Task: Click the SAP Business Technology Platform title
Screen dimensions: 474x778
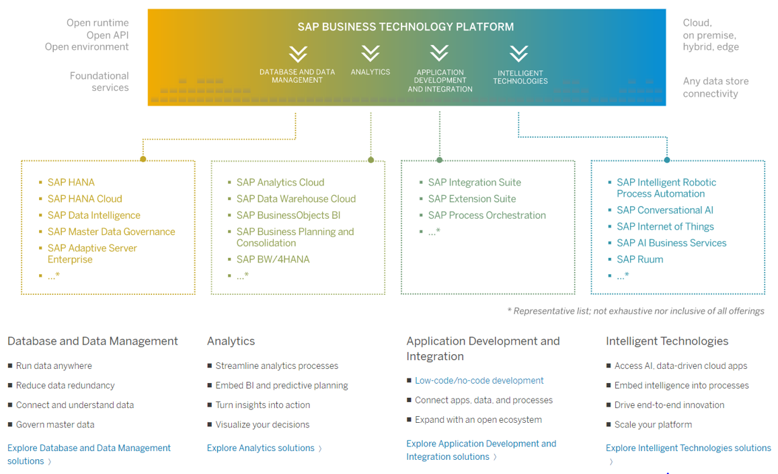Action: (405, 27)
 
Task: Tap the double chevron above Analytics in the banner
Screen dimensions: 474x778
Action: (371, 53)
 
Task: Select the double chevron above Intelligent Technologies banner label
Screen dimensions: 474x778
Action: (518, 53)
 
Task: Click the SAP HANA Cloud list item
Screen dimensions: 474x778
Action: (85, 199)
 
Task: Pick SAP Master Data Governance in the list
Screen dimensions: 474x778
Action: (111, 232)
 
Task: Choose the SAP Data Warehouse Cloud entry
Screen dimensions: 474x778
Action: (296, 199)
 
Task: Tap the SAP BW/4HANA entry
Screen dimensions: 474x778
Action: (273, 259)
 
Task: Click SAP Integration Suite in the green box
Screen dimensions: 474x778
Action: (474, 182)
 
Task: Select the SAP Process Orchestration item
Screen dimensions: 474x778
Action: (487, 215)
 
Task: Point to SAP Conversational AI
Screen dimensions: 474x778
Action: (665, 210)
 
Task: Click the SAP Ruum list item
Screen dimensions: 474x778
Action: (639, 259)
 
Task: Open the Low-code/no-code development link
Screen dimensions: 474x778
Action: (479, 380)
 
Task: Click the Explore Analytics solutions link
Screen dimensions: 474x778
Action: (261, 448)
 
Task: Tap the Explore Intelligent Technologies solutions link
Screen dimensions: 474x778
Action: (688, 448)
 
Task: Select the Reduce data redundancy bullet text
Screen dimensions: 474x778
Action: (65, 386)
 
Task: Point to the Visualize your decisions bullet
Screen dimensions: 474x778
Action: (262, 425)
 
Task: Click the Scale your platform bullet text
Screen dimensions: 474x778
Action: (653, 425)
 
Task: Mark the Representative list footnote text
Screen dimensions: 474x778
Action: (635, 311)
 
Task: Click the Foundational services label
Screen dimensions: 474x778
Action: (99, 81)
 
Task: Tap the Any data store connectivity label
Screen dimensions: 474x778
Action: (715, 88)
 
